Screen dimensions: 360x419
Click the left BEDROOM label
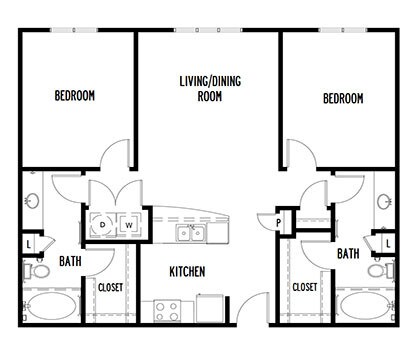click(75, 96)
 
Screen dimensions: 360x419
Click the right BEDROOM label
click(343, 99)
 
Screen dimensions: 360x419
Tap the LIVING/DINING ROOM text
click(209, 87)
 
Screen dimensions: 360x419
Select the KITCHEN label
click(187, 271)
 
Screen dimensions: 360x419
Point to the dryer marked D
click(103, 226)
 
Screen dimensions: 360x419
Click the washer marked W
click(130, 226)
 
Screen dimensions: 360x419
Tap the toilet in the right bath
click(378, 269)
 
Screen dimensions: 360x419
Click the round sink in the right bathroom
click(384, 201)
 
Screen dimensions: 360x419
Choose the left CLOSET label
click(110, 288)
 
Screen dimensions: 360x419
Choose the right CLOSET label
click(305, 288)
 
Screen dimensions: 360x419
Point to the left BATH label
click(70, 262)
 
